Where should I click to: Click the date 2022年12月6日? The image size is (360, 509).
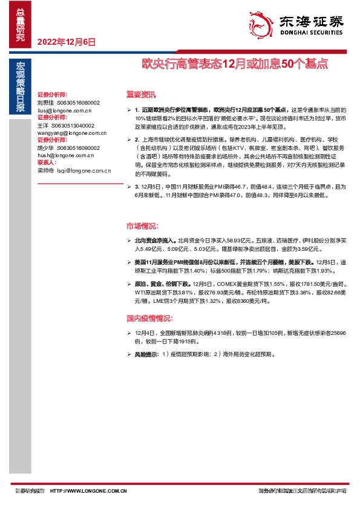tap(67, 42)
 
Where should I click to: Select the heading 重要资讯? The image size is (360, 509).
tap(140, 95)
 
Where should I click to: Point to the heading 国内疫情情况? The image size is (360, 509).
tap(149, 318)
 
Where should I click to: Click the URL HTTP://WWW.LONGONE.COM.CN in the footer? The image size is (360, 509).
tap(88, 490)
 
